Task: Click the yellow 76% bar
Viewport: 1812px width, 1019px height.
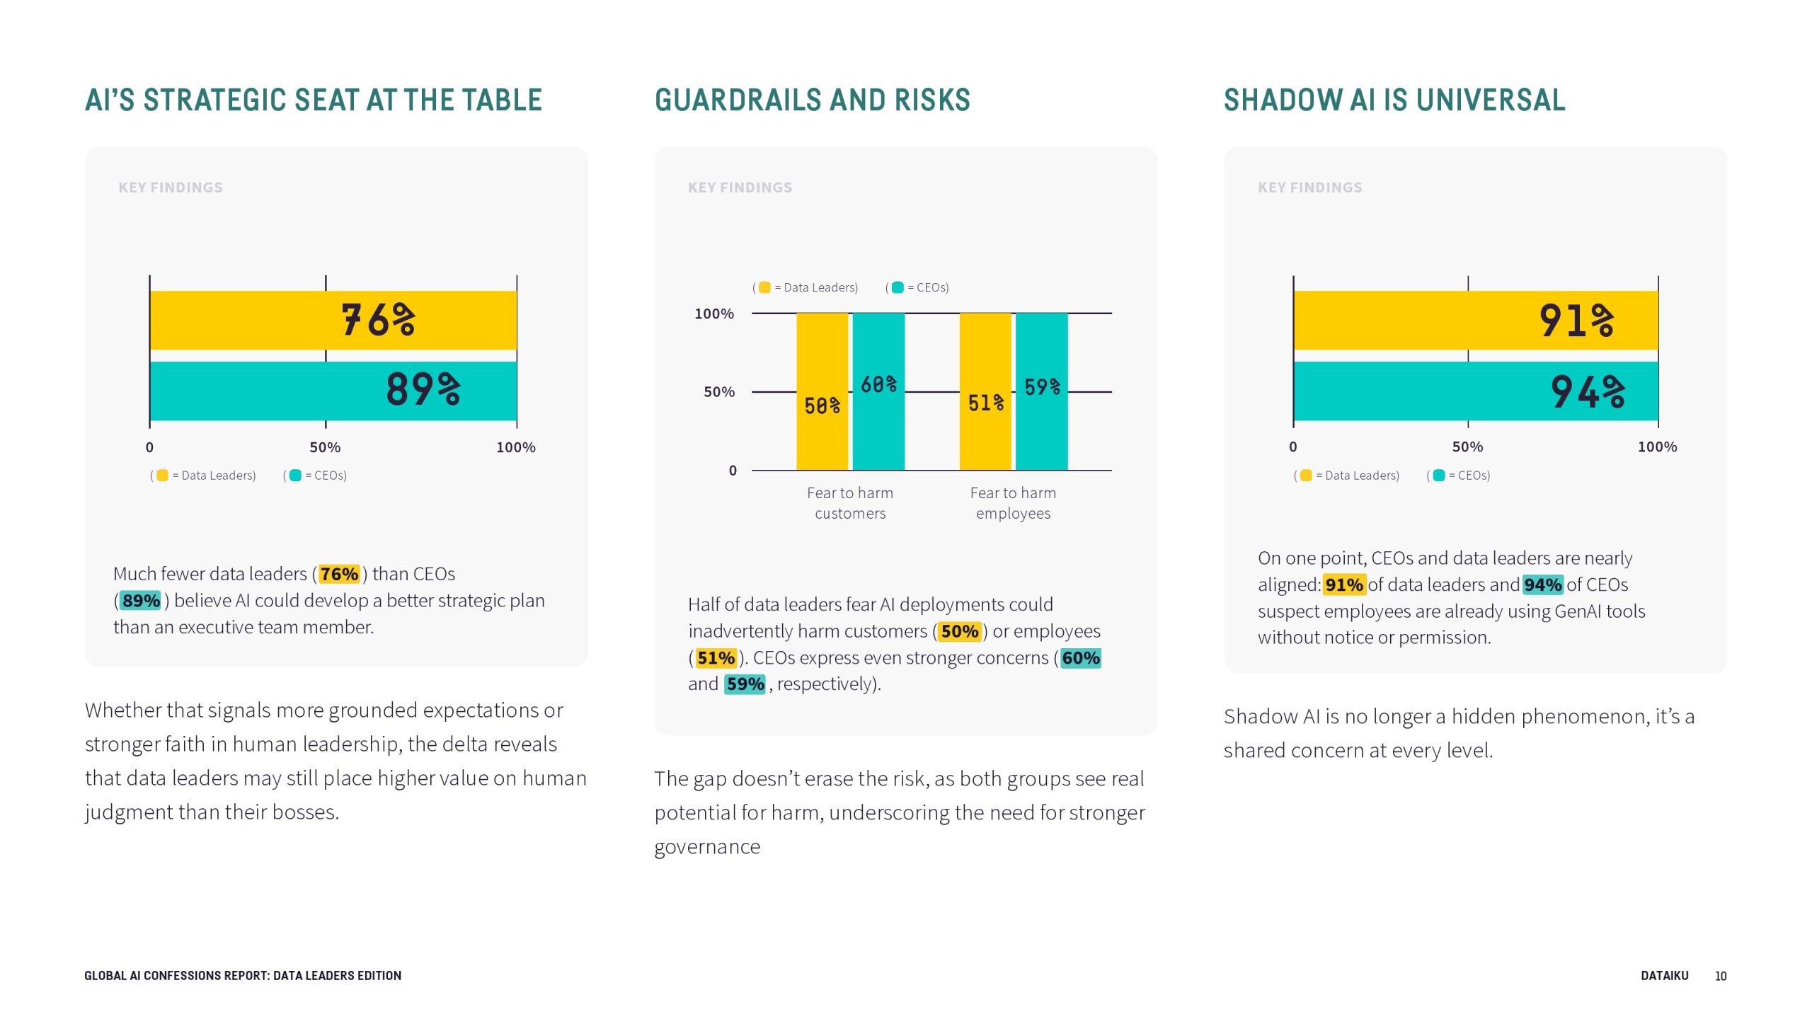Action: tap(333, 320)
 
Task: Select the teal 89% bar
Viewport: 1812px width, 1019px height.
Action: tap(333, 391)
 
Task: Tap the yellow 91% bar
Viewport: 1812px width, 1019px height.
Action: tap(1476, 320)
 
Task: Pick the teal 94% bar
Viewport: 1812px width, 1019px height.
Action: tap(1476, 391)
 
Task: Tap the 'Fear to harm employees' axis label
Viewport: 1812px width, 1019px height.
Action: tap(1013, 503)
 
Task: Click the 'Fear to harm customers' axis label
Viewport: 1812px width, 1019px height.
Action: tap(850, 503)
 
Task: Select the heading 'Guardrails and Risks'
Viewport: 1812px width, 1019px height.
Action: tap(813, 100)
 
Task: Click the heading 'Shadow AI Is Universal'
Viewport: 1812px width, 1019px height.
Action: tap(1394, 100)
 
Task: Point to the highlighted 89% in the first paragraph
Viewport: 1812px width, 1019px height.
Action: tap(141, 601)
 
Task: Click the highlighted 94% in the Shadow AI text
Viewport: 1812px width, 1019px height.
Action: tap(1543, 585)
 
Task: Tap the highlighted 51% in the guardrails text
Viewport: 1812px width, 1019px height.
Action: tap(716, 658)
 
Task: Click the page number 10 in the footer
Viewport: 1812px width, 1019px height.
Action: tap(1721, 976)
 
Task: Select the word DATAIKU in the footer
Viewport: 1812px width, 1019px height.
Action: tap(1664, 976)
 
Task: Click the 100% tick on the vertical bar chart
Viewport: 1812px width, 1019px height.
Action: tap(714, 313)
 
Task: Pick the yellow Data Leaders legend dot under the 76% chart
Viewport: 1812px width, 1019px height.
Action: tap(162, 476)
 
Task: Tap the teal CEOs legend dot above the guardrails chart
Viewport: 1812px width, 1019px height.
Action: tap(898, 287)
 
